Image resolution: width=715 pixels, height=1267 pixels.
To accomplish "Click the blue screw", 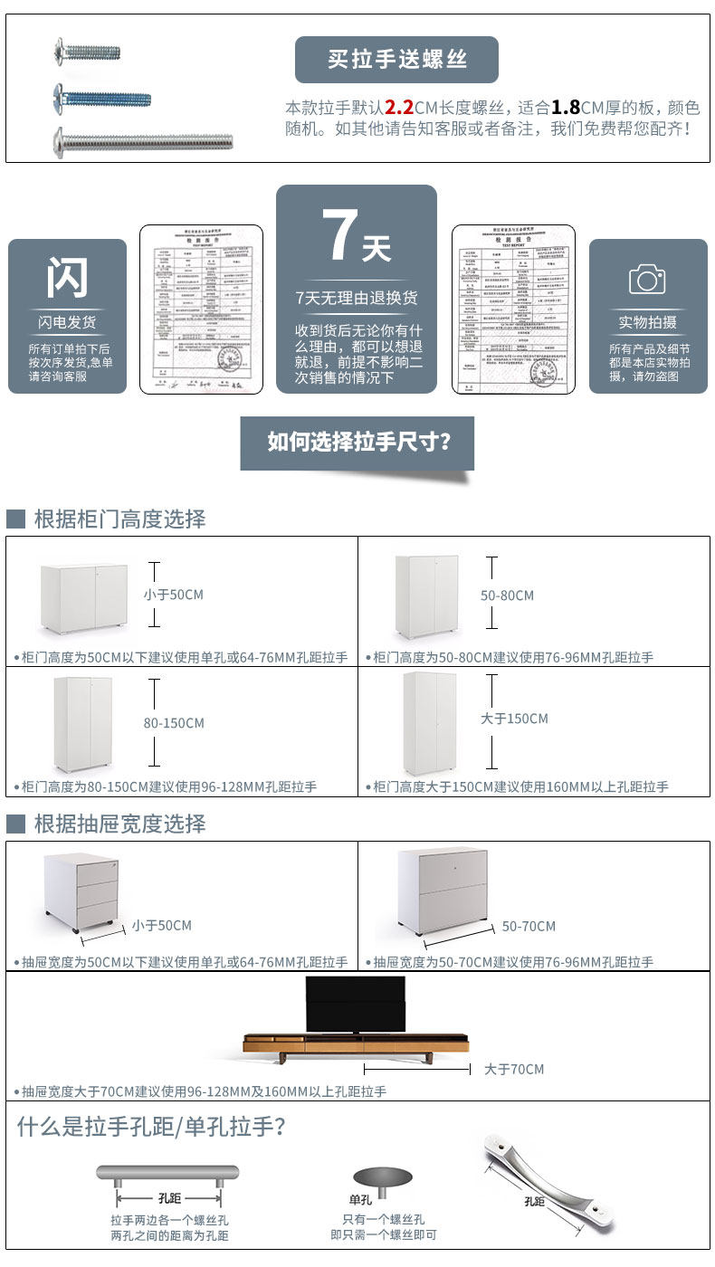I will [101, 95].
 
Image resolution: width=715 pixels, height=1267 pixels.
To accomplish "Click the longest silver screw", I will [142, 140].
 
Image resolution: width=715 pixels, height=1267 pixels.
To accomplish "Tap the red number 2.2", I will [399, 106].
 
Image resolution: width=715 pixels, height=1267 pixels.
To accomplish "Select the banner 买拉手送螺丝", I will [396, 60].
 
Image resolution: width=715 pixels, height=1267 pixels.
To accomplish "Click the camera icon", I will [647, 279].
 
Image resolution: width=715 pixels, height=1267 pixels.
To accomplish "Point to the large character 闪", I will [68, 278].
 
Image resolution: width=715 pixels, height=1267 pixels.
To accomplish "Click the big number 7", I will [340, 237].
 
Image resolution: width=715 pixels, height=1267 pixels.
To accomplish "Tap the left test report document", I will [201, 310].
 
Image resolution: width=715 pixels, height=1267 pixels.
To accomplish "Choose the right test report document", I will [513, 310].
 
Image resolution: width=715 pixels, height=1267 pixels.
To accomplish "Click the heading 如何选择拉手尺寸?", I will [357, 442].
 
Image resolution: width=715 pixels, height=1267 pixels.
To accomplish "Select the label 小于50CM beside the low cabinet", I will [173, 595].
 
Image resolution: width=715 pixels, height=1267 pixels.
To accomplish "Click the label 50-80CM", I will [507, 595].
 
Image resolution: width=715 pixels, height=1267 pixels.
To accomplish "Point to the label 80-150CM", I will [174, 723].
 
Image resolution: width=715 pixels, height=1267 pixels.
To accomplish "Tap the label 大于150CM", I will [514, 719].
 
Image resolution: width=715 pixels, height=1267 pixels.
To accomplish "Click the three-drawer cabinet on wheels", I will [81, 891].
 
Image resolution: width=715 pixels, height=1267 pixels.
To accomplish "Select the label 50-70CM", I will [529, 926].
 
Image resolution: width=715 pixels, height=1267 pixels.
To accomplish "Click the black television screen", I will [356, 1004].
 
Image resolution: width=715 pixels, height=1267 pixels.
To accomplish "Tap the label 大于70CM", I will [513, 1069].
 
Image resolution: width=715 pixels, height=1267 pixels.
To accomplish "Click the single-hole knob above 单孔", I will [381, 1177].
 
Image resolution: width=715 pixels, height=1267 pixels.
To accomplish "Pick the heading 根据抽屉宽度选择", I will [119, 824].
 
